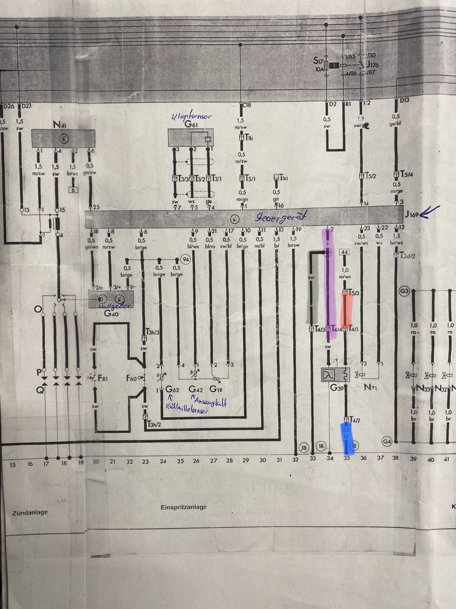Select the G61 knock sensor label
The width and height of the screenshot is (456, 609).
pyautogui.click(x=191, y=124)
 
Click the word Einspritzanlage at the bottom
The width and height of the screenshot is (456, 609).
pyautogui.click(x=184, y=507)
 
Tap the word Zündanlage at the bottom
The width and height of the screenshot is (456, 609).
pyautogui.click(x=29, y=512)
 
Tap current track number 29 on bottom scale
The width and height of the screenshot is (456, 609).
pyautogui.click(x=245, y=460)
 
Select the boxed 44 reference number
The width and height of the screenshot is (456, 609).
pyautogui.click(x=344, y=252)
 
